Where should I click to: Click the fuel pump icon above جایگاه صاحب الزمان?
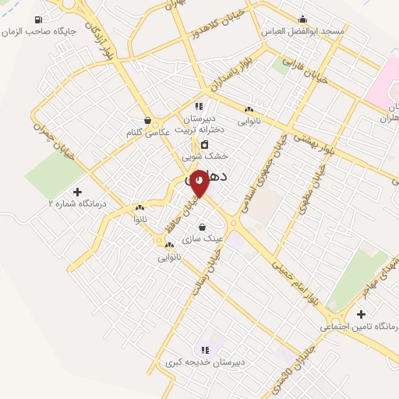click(39, 19)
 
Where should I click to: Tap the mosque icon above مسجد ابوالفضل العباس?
click(302, 19)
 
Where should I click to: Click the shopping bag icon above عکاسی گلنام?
click(148, 121)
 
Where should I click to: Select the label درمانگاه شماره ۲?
click(76, 203)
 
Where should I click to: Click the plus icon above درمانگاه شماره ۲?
click(76, 191)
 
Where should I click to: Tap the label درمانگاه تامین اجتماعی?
click(358, 327)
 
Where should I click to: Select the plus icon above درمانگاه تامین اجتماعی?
click(360, 314)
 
